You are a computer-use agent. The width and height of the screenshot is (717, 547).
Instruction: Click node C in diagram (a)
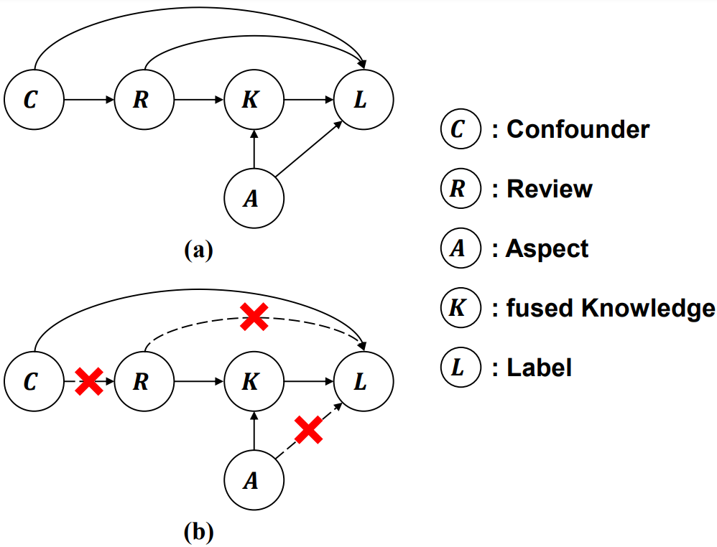point(33,100)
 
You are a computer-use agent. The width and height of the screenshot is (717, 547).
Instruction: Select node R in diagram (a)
point(144,100)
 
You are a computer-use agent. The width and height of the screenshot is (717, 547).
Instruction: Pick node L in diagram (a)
point(364,100)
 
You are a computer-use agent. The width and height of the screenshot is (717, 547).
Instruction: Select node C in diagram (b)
point(33,382)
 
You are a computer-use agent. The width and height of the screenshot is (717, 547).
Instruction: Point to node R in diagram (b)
point(144,382)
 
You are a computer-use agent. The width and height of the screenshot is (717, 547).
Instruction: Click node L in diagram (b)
point(364,382)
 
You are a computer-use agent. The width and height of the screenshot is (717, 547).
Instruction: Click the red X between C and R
point(89,382)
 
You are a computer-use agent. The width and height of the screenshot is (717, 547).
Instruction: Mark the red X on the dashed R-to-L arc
point(254,317)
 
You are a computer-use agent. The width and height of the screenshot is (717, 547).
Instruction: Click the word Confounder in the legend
point(578,129)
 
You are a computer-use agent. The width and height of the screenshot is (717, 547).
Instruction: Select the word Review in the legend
point(550,189)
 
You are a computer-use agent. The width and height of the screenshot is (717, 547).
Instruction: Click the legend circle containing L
point(460,368)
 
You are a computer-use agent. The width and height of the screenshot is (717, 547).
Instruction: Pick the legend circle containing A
point(460,248)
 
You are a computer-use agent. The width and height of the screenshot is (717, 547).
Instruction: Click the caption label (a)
point(198,250)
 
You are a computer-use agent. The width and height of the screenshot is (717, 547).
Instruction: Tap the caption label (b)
point(198,532)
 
